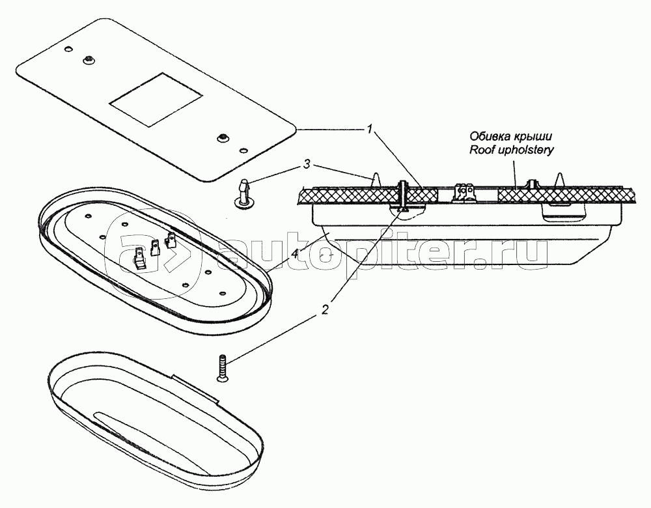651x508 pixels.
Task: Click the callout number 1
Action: pyautogui.click(x=368, y=130)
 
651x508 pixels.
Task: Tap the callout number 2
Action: pyautogui.click(x=325, y=309)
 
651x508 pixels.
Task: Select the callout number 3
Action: pyautogui.click(x=307, y=165)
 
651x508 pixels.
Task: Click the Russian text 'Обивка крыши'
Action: pyautogui.click(x=511, y=136)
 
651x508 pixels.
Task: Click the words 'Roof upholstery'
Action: pyautogui.click(x=512, y=150)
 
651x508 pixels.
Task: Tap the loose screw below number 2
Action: pyautogui.click(x=222, y=367)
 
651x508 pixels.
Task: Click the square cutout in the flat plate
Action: pyautogui.click(x=156, y=100)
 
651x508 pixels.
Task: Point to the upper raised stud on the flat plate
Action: pyautogui.click(x=88, y=60)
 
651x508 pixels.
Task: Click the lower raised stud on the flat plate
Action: pyautogui.click(x=224, y=137)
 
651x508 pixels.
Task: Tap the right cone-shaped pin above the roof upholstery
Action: pyautogui.click(x=559, y=180)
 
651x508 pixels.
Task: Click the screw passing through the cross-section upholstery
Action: pyautogui.click(x=402, y=197)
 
